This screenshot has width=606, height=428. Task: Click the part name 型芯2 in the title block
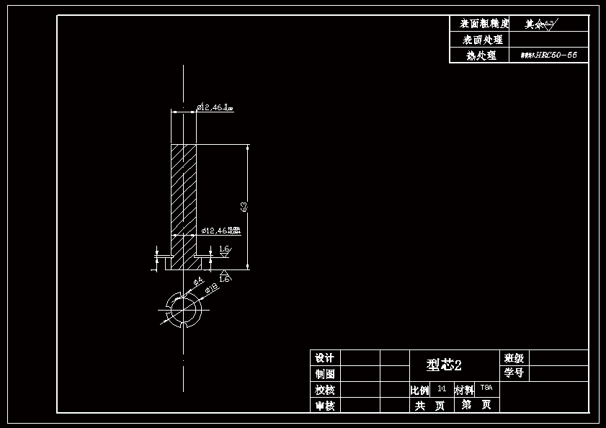tap(443, 365)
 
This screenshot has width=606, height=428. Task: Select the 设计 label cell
tap(325, 358)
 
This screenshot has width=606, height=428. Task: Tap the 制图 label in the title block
tap(325, 374)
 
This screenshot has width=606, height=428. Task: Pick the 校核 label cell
tap(325, 390)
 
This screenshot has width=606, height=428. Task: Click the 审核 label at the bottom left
tap(325, 406)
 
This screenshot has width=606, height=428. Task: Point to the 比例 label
tap(420, 390)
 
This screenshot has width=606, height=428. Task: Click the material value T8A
tap(486, 388)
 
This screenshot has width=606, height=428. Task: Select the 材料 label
tap(464, 390)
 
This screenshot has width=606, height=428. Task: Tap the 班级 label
tap(514, 357)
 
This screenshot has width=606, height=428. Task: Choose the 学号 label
tap(514, 373)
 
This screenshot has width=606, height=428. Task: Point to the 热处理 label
tap(481, 55)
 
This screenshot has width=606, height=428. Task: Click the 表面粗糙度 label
tap(480, 24)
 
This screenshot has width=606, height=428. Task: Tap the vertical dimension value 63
tap(244, 207)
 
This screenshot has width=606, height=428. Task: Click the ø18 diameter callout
tap(212, 288)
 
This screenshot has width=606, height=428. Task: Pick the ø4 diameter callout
tap(198, 280)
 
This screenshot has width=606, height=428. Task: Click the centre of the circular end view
tap(184, 311)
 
